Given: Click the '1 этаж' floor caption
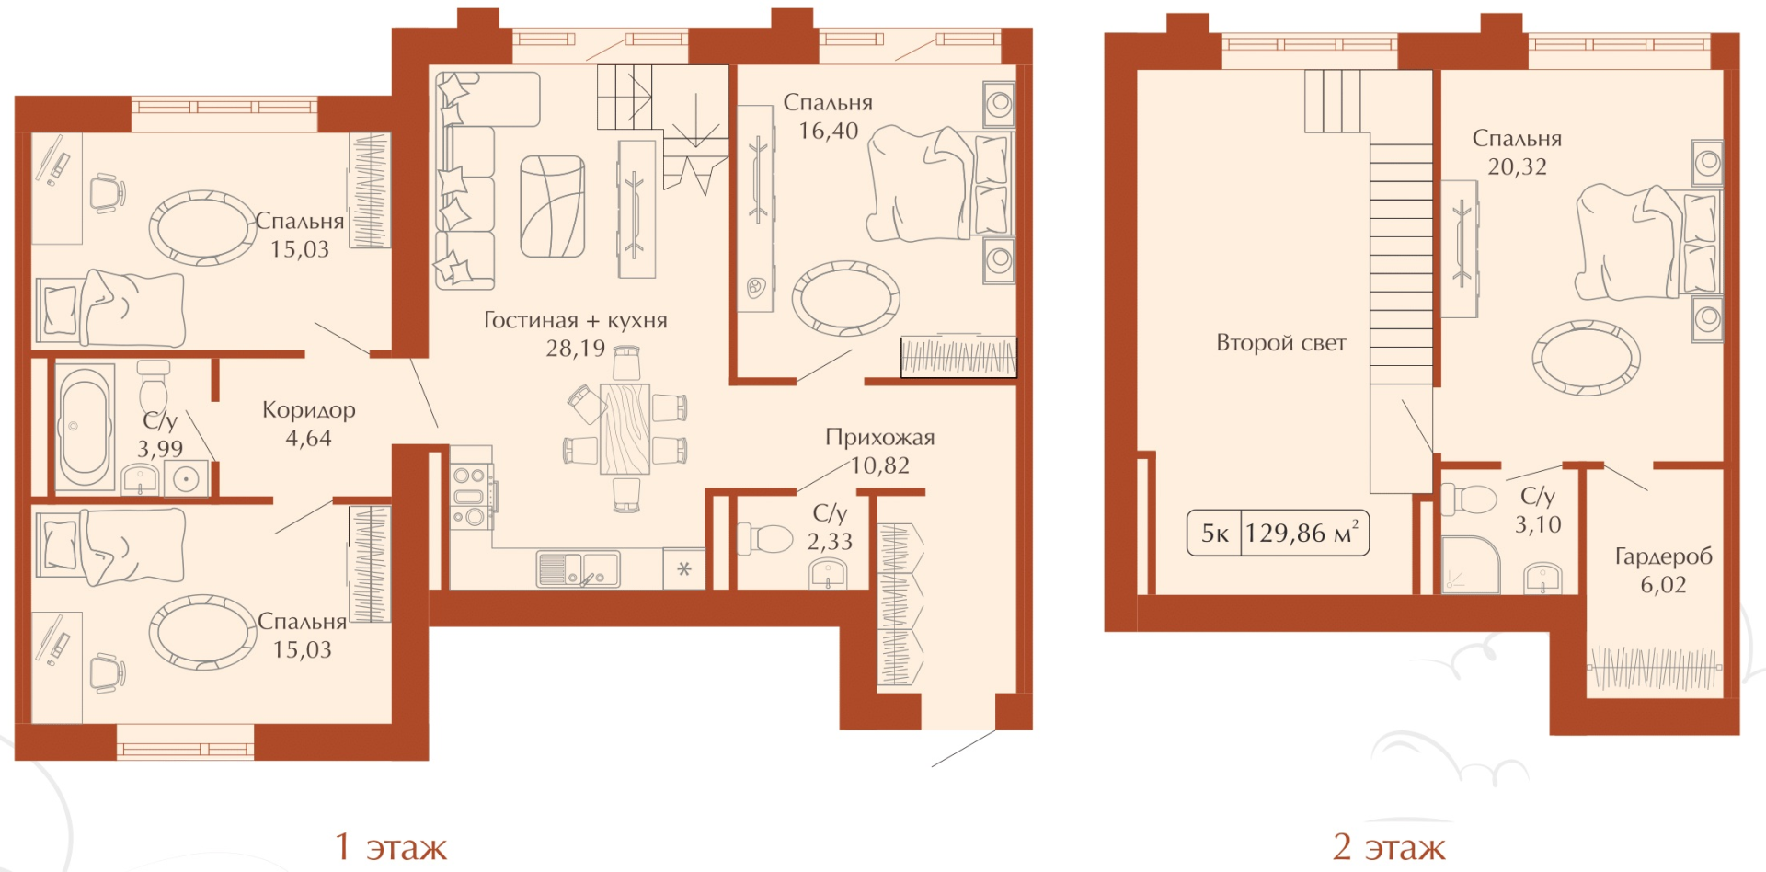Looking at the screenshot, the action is tap(390, 847).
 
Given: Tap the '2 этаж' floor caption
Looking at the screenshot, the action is tap(1389, 847).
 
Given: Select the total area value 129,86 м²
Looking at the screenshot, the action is tap(1302, 533).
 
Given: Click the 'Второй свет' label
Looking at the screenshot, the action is tap(1281, 343).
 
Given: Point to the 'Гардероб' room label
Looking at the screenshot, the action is tap(1664, 556).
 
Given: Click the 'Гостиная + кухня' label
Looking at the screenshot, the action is tap(576, 320).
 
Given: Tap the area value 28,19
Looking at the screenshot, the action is tap(576, 349).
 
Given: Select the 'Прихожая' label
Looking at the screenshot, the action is tap(880, 437).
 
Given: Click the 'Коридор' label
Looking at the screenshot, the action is tap(309, 410).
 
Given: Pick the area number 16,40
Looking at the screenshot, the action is tap(828, 132).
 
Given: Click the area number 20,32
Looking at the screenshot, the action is tap(1518, 167).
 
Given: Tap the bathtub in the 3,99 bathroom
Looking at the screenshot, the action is tap(85, 427).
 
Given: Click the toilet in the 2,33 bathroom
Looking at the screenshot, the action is tap(765, 538).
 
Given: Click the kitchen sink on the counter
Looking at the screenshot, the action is tap(578, 569).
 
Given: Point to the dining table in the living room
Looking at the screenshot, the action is tap(625, 429).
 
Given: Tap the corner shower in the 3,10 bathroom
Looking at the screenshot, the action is tap(1470, 565).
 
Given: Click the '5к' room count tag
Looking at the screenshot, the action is tap(1215, 534).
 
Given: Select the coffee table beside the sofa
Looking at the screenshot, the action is tap(553, 206).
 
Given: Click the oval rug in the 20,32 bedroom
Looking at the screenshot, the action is tap(1586, 357).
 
